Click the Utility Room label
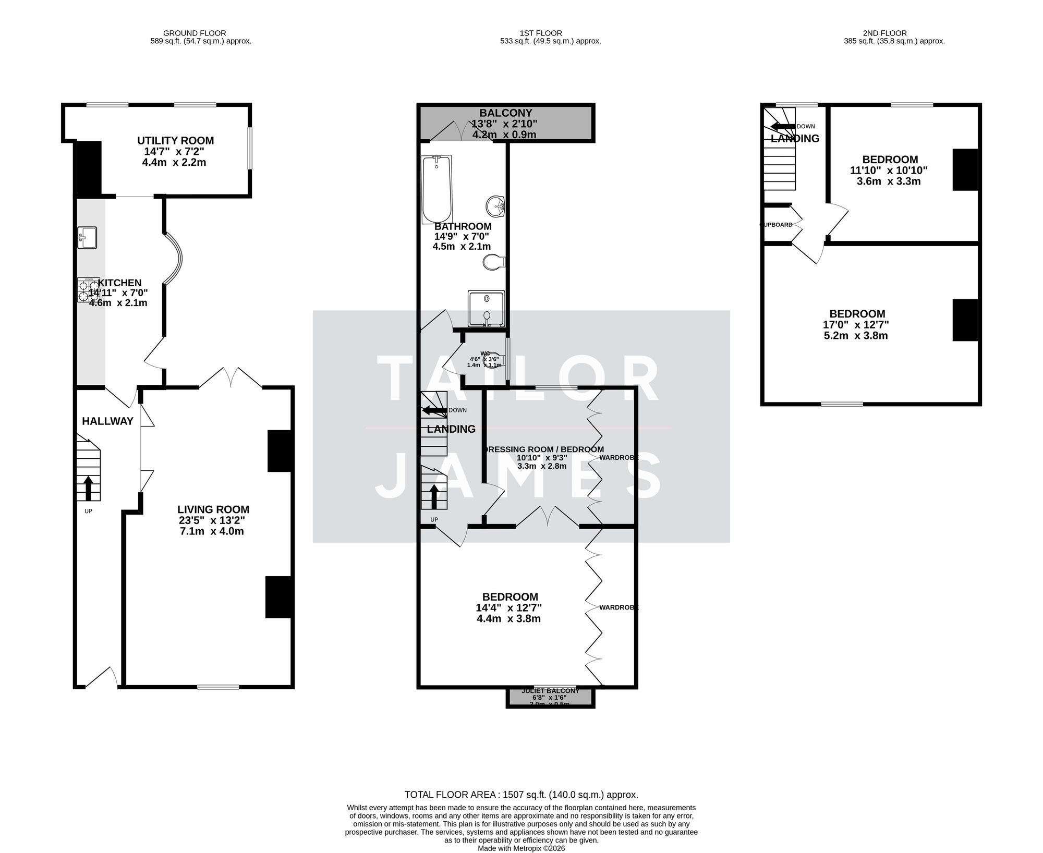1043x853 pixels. point(175,141)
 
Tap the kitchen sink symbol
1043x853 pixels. point(87,238)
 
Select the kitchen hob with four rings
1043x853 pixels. point(88,290)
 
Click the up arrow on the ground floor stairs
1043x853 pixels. point(88,487)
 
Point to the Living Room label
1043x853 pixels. point(213,509)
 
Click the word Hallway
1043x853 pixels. point(107,421)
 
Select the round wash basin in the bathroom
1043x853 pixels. point(495,206)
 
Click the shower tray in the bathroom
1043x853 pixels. point(486,308)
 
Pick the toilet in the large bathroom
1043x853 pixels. point(493,262)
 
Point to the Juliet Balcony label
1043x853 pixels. point(550,691)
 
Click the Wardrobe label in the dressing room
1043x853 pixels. point(618,457)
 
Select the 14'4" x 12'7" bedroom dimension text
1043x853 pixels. point(508,608)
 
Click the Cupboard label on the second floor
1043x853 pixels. point(777,225)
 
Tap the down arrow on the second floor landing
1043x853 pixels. point(782,126)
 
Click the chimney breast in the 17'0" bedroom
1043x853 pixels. point(965,320)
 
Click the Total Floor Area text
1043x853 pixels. point(521,795)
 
